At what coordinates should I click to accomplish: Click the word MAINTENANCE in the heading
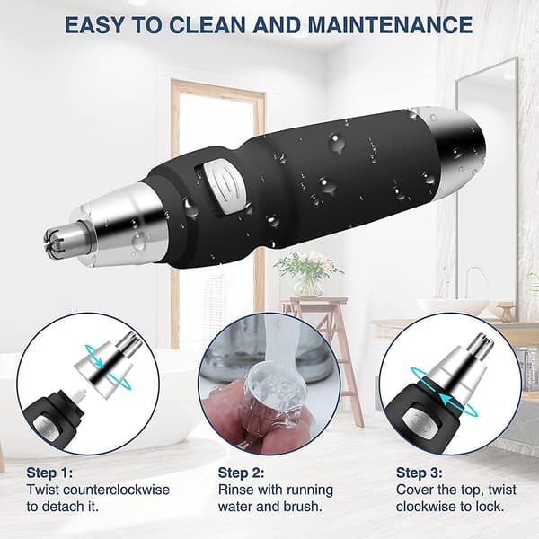390,25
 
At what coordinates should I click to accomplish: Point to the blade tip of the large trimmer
56,238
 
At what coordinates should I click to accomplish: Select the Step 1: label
49,473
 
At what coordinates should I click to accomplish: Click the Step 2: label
241,473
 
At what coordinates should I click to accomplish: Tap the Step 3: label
419,473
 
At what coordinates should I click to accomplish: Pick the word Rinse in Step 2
235,490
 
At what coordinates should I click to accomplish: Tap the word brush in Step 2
301,507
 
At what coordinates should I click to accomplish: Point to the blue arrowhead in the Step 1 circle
99,362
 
